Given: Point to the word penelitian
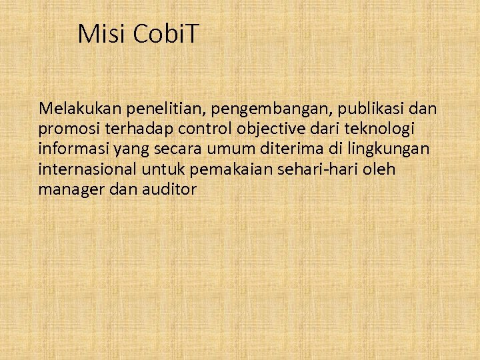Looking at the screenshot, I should [x=147, y=108].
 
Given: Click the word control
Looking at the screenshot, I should [x=189, y=129].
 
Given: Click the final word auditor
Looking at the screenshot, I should [x=169, y=189].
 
